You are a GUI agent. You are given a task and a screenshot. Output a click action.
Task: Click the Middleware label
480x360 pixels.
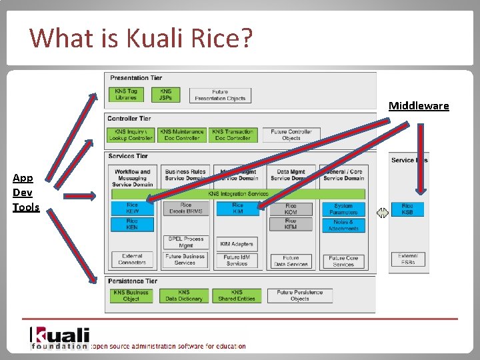pyautogui.click(x=419, y=106)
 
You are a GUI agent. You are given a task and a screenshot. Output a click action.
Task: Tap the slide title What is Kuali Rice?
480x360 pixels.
pyautogui.click(x=141, y=38)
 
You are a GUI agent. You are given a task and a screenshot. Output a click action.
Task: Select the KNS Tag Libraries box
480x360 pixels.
pyautogui.click(x=125, y=95)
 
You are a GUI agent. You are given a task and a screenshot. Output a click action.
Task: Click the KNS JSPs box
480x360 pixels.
pyautogui.click(x=165, y=95)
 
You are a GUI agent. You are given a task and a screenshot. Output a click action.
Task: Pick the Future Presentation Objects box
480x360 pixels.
pyautogui.click(x=220, y=95)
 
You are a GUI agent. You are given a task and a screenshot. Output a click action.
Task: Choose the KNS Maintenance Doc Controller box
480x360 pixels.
pyautogui.click(x=182, y=135)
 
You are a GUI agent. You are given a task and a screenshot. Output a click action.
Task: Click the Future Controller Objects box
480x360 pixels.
pyautogui.click(x=291, y=135)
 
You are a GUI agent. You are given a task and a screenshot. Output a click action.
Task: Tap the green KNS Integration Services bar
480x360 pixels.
pyautogui.click(x=238, y=194)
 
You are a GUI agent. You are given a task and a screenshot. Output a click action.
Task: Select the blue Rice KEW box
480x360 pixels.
pyautogui.click(x=132, y=208)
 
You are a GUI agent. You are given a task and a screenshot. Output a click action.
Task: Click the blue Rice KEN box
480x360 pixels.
pyautogui.click(x=132, y=224)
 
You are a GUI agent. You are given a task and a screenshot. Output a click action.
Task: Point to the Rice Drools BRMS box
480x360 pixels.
pyautogui.click(x=185, y=208)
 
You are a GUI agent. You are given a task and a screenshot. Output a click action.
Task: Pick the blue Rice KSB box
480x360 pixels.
pyautogui.click(x=407, y=209)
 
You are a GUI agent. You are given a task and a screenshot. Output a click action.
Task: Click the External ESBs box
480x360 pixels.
pyautogui.click(x=407, y=259)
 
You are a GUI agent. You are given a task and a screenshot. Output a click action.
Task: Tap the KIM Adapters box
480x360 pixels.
pyautogui.click(x=237, y=244)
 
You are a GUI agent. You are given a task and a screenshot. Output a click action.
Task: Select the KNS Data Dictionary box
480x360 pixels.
pyautogui.click(x=184, y=295)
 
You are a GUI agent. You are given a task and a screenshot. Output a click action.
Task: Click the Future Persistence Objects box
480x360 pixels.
pyautogui.click(x=299, y=295)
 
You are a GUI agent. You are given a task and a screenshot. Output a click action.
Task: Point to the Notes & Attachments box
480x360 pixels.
pyautogui.click(x=343, y=225)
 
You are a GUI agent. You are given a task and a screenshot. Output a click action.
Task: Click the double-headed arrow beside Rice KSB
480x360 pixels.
pyautogui.click(x=382, y=213)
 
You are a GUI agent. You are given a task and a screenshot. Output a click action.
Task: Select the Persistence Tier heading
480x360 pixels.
pyautogui.click(x=133, y=281)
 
